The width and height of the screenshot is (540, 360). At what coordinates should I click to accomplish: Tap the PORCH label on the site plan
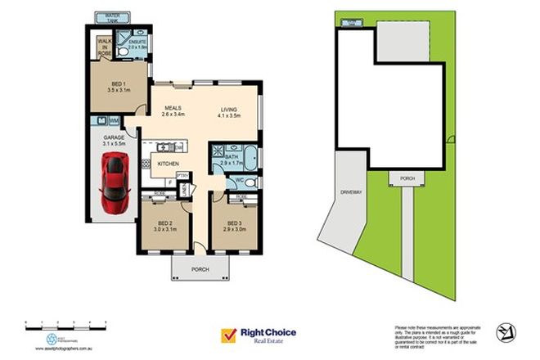pos(407,178)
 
